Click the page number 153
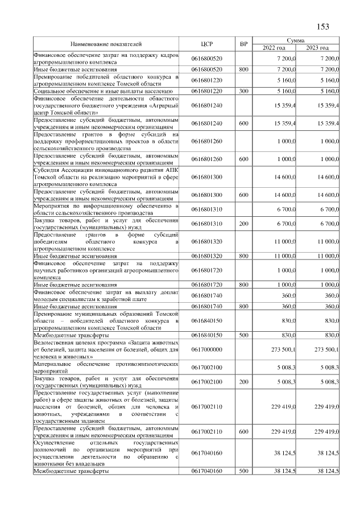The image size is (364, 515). (322, 26)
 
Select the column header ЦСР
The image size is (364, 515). (207, 44)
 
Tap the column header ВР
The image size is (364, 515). (244, 44)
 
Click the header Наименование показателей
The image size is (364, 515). (106, 44)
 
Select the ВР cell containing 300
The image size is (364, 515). (244, 90)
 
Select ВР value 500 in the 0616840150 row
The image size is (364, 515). (244, 336)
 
